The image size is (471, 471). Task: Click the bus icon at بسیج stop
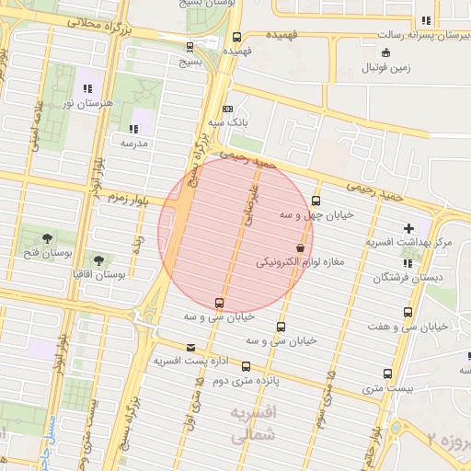pos(190,47)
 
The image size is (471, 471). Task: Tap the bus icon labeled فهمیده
pos(237,38)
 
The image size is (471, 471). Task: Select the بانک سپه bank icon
pos(228,108)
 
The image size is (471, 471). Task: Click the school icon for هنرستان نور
pos(87,89)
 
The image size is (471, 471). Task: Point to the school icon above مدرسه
pos(134,129)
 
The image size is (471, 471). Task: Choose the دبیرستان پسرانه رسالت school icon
pos(425,20)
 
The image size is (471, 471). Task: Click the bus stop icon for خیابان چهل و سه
pos(316,201)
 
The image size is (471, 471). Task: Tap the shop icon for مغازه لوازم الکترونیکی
pos(300,248)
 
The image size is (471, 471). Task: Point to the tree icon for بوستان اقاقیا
pos(98,260)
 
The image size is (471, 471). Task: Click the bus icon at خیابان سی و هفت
pos(408,313)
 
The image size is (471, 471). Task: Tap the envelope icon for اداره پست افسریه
pos(190,347)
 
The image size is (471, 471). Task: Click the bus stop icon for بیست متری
pos(386,373)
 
